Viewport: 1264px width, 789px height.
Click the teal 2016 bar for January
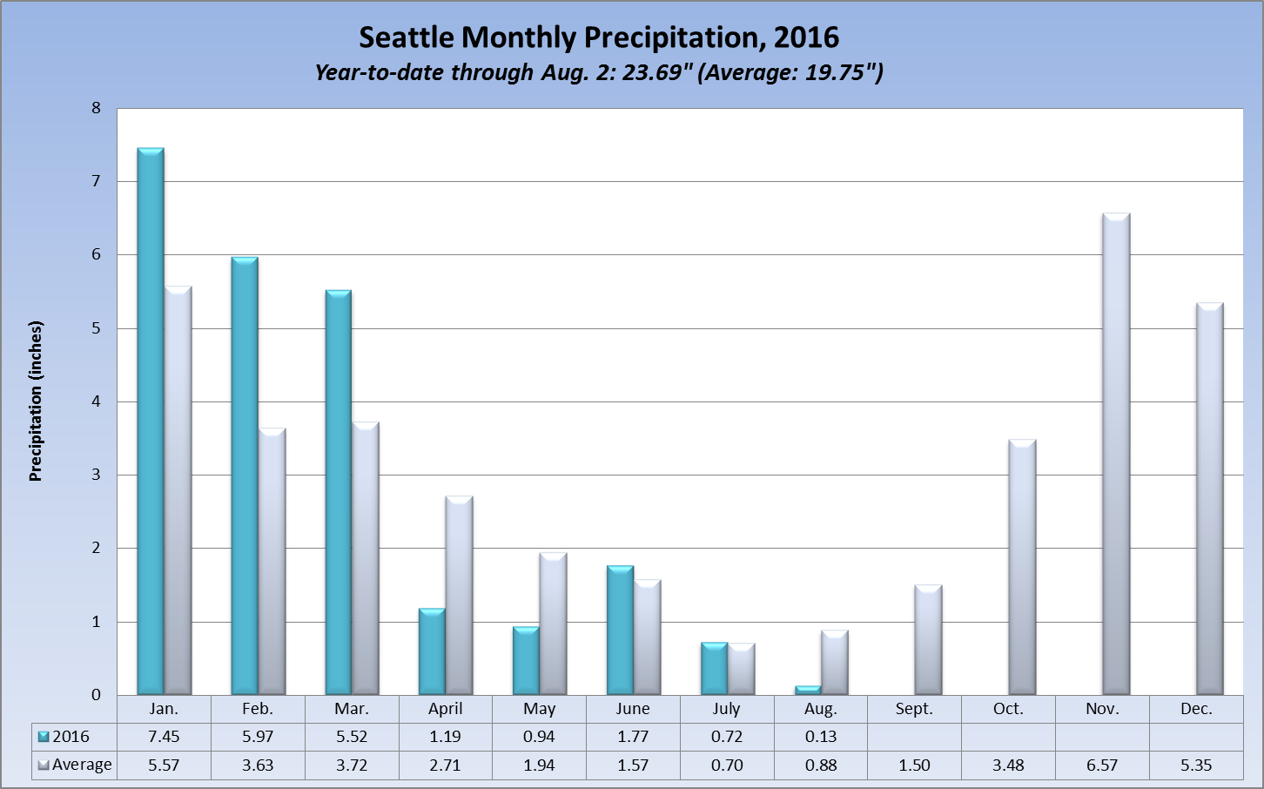(151, 421)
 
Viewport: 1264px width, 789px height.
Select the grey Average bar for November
(1116, 454)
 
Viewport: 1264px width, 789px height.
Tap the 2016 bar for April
(432, 651)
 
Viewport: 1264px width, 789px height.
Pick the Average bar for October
(1022, 567)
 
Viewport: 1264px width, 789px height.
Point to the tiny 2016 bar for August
(808, 691)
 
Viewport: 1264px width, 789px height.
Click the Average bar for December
(1210, 499)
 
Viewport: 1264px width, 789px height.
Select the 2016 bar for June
(620, 631)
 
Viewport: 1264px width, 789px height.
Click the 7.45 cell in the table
(164, 737)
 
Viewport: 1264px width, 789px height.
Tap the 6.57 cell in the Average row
(1102, 765)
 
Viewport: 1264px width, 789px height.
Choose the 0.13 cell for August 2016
(821, 737)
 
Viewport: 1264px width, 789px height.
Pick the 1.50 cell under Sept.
(914, 765)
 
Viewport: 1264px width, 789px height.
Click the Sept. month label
(914, 709)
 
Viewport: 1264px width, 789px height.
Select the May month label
(540, 709)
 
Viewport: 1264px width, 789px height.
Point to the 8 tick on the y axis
(96, 109)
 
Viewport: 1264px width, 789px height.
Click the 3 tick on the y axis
(96, 475)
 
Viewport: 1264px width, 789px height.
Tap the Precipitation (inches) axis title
(36, 401)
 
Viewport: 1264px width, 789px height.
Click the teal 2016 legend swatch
(44, 737)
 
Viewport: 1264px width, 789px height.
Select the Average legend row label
(82, 765)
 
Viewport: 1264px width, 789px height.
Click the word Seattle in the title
(407, 37)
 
